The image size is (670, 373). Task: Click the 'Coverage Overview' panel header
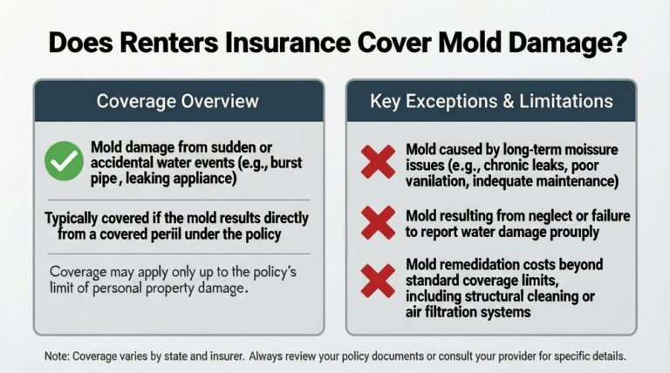coord(177,101)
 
